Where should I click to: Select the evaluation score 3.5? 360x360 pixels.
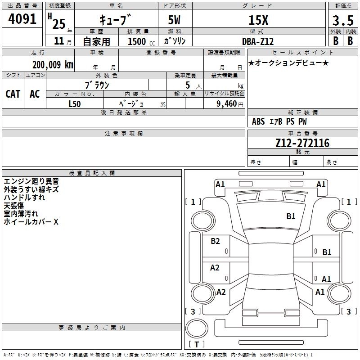click(342, 21)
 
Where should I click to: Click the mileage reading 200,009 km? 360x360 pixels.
click(52, 65)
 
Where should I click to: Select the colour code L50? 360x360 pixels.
click(75, 103)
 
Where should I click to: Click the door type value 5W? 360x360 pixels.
click(175, 20)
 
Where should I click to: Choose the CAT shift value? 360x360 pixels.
click(13, 94)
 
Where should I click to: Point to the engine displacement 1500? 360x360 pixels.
click(137, 41)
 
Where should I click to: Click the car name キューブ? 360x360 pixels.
click(116, 20)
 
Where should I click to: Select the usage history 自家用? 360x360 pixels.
click(96, 41)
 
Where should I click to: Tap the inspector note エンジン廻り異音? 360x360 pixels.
click(31, 181)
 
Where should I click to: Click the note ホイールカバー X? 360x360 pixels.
click(31, 222)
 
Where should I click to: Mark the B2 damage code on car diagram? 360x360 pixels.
click(216, 241)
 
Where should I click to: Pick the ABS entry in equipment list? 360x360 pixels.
click(258, 121)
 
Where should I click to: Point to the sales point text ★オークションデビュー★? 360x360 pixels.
click(288, 63)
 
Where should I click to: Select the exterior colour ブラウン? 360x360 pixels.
click(97, 85)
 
